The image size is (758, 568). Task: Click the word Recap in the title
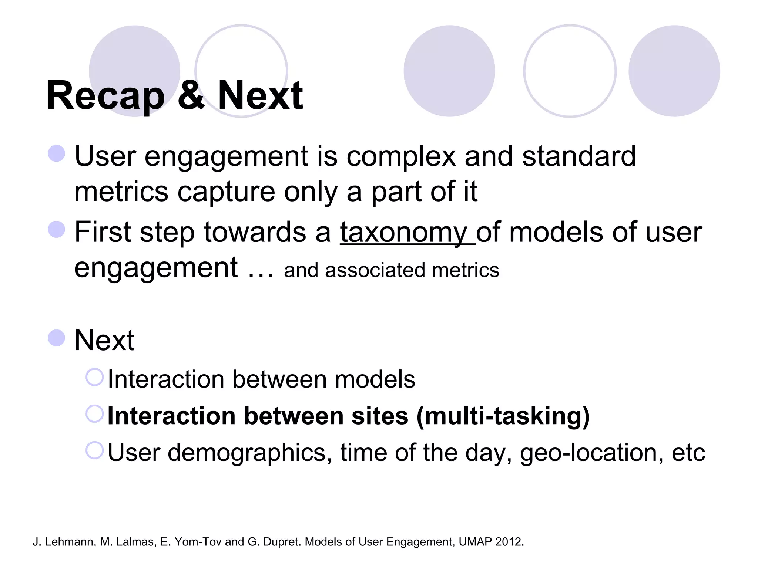(x=105, y=96)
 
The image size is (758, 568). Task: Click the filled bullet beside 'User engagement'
(x=57, y=153)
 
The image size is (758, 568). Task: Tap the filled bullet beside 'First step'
(x=57, y=229)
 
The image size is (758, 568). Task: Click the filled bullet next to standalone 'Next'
(x=57, y=338)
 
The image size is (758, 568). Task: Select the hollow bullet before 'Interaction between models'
(x=94, y=377)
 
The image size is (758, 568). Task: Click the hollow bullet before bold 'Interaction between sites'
(x=94, y=414)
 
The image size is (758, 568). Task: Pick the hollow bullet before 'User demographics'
(x=94, y=450)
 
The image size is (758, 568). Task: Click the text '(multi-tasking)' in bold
(x=503, y=416)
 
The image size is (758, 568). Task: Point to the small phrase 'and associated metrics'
(x=391, y=270)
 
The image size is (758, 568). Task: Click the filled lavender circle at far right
(x=674, y=71)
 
